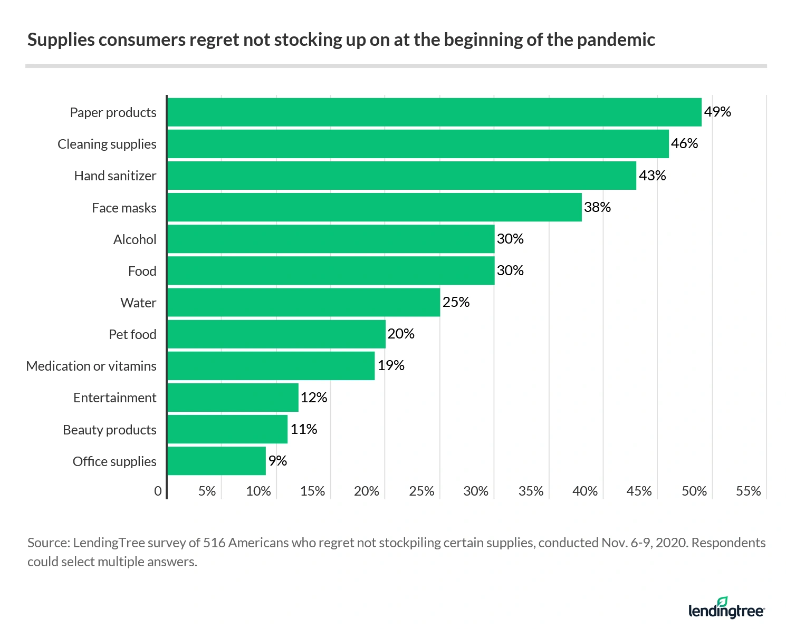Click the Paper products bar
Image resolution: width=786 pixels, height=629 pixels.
tap(434, 112)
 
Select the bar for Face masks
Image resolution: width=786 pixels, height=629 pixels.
tap(375, 207)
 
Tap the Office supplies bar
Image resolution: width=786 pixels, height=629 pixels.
tap(216, 461)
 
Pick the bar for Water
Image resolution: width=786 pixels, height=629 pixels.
tap(303, 302)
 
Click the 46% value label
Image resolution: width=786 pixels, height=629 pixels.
tap(684, 143)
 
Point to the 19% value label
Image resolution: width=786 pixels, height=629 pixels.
tap(391, 365)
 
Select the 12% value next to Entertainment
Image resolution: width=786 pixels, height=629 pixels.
tap(314, 398)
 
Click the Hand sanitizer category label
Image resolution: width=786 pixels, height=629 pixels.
tap(115, 176)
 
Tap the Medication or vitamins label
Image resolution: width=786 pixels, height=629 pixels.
tap(91, 366)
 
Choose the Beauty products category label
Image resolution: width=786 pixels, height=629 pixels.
tap(109, 430)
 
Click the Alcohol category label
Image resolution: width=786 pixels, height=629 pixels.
tap(135, 239)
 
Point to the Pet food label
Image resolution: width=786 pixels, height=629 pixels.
tap(132, 334)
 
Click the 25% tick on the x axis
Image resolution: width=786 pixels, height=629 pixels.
tap(421, 491)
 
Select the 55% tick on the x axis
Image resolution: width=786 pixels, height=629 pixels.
tap(748, 491)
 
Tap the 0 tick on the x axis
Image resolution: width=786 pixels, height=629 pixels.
tap(158, 491)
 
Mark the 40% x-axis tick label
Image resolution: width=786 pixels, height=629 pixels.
tap(585, 491)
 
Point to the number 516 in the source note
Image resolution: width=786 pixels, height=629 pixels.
tap(215, 543)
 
